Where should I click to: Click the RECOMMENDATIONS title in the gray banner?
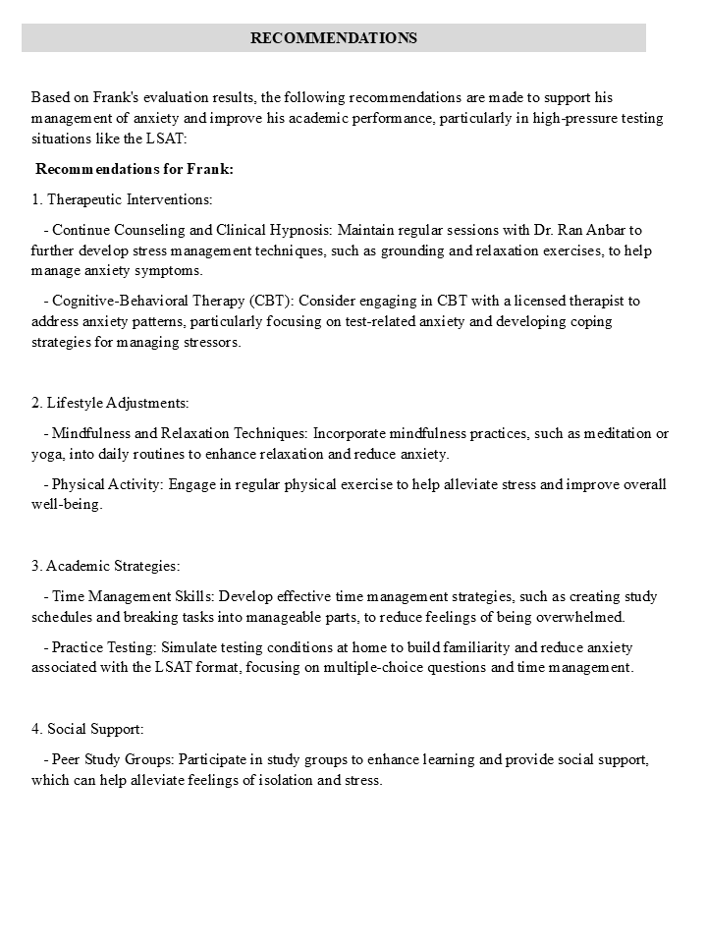(334, 38)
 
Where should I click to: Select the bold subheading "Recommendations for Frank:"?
(135, 169)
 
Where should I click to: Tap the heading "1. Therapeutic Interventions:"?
(122, 199)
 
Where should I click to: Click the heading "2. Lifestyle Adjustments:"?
(110, 403)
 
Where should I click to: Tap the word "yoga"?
(46, 454)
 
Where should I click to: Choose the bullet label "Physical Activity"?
(107, 484)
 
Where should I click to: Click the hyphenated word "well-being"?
(67, 505)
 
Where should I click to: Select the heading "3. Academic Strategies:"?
(106, 566)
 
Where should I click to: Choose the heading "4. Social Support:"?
(87, 729)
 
